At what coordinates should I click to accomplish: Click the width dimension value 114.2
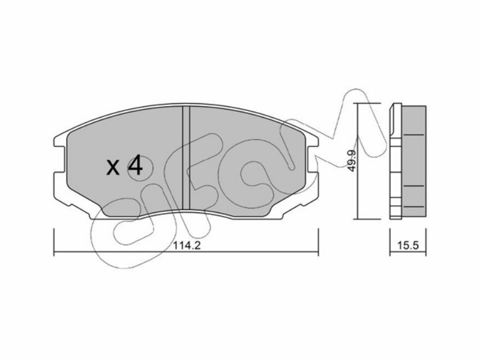(187, 245)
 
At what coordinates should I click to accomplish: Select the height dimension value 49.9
(352, 161)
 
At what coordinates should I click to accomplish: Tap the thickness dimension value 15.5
(408, 245)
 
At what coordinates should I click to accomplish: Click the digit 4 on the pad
(135, 166)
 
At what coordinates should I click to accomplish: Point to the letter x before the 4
(113, 168)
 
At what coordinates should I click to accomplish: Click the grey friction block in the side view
(413, 162)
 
